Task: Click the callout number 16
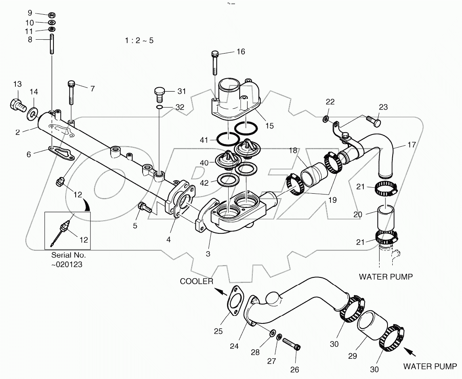coord(241,52)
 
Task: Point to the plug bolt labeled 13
coord(16,105)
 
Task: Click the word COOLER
coord(197,281)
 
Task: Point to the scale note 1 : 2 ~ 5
coord(139,40)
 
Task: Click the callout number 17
coord(411,145)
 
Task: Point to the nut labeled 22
coord(325,118)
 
